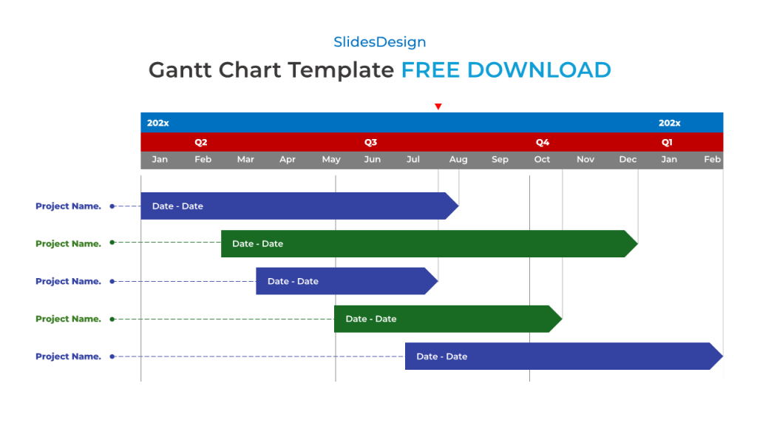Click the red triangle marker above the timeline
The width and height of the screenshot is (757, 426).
point(438,106)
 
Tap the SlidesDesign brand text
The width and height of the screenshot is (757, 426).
point(379,42)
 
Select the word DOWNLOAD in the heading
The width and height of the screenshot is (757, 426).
point(539,70)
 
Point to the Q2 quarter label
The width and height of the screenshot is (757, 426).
point(201,142)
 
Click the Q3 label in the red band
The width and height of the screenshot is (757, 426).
point(370,142)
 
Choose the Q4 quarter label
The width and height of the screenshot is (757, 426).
point(543,142)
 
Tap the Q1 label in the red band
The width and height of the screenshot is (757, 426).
point(667,142)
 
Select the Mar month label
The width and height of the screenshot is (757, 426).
point(245,160)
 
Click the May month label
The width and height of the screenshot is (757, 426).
point(331,160)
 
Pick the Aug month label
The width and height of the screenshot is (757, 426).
point(458,160)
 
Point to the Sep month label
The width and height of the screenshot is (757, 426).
point(500,160)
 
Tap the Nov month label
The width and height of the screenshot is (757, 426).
point(585,160)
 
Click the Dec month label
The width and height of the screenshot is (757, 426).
point(628,160)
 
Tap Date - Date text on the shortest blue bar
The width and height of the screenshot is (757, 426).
point(293,281)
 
